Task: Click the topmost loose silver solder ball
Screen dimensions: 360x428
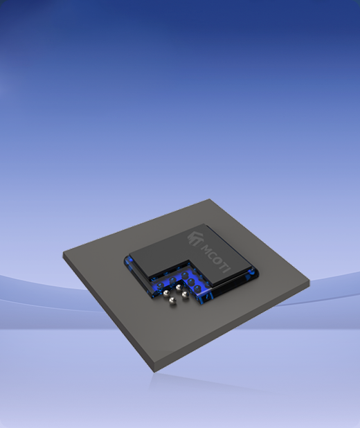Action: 179,287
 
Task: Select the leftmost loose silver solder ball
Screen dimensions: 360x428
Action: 166,294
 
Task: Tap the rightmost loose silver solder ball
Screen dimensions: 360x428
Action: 185,294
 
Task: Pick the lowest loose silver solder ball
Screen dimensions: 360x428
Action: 172,301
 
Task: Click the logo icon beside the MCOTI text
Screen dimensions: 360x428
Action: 195,238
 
